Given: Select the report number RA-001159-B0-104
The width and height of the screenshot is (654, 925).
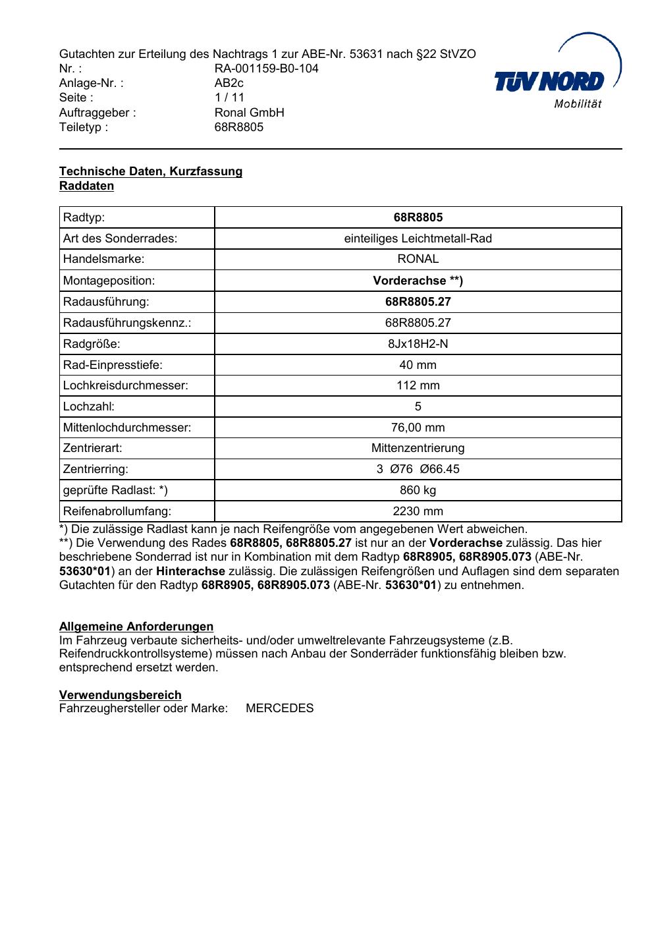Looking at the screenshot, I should [x=266, y=69].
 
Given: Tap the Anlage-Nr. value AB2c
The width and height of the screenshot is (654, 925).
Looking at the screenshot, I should [x=229, y=83].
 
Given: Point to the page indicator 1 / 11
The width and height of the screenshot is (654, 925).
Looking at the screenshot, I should [x=229, y=98].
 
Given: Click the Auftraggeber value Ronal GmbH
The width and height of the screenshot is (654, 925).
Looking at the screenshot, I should [x=249, y=112].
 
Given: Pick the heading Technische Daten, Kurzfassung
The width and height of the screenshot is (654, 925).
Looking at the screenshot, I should [x=151, y=171].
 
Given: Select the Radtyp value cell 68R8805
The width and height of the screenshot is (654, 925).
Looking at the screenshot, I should [x=418, y=217].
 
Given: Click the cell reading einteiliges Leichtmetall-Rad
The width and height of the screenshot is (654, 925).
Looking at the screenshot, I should [x=418, y=238].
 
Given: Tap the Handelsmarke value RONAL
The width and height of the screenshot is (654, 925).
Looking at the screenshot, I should [x=418, y=260].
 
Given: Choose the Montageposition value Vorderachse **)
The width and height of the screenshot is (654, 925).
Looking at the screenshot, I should [x=418, y=281].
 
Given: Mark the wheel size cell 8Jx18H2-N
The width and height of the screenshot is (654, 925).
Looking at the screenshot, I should [x=418, y=344].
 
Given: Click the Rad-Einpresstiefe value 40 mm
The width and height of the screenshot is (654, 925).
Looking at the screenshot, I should [x=418, y=365].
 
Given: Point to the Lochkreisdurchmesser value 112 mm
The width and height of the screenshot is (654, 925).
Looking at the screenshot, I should [x=418, y=385].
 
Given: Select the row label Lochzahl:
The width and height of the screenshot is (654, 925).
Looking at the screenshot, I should [x=88, y=406].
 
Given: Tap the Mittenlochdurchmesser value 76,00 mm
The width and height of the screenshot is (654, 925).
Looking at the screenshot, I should [x=418, y=428].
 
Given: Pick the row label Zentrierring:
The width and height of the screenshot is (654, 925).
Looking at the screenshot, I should [x=95, y=469].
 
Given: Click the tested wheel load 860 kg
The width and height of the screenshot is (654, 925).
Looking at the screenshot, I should [x=418, y=490].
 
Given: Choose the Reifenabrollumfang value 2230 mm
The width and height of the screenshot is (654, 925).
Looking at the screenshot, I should [x=418, y=511].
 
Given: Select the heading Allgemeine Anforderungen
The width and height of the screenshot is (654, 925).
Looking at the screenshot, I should [x=136, y=627].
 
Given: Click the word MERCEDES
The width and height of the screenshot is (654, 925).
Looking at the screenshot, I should [x=279, y=709].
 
